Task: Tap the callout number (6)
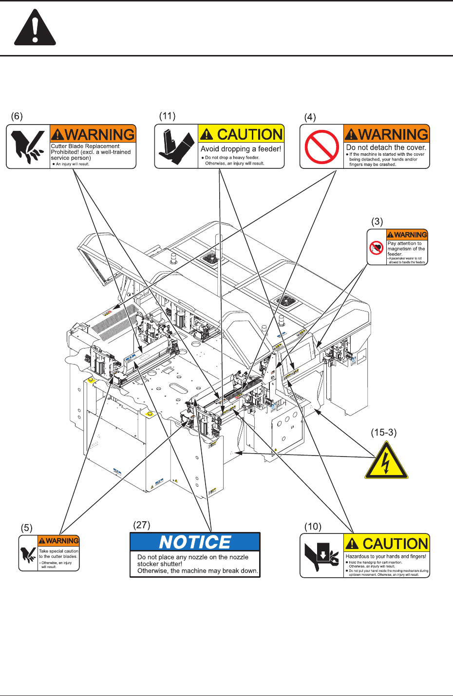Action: coord(17,116)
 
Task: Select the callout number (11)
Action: coord(167,116)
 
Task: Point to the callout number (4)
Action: coord(310,117)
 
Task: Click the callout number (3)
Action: coord(377,221)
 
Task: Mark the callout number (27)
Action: coord(142,525)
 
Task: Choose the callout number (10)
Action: coord(313,527)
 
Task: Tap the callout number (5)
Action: coord(26,528)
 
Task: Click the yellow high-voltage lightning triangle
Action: coord(386,462)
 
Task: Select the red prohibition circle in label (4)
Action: coord(322,147)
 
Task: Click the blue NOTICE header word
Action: coord(195,542)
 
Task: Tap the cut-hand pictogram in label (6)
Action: coord(28,147)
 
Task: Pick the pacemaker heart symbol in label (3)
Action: coord(377,247)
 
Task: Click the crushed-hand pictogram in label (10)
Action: coord(322,556)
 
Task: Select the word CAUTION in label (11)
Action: coord(249,134)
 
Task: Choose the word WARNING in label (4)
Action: coord(393,134)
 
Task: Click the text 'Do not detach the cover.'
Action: coord(386,147)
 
